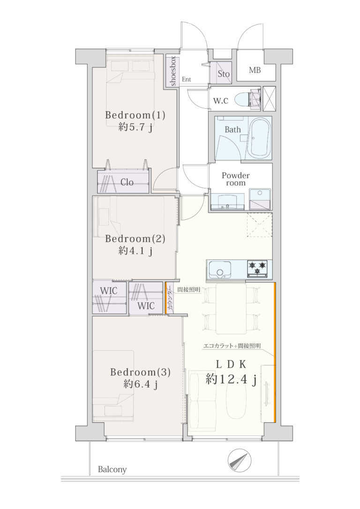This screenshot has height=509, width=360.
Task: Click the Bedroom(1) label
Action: coord(135,115)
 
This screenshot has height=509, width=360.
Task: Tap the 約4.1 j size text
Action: coord(135,251)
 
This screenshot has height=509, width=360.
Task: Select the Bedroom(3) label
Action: coord(140,372)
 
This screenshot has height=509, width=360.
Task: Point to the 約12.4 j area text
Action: coord(231,379)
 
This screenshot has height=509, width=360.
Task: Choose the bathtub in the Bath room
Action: coord(259,138)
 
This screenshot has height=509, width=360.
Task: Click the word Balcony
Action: coord(112,470)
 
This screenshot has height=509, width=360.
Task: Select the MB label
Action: coord(255,70)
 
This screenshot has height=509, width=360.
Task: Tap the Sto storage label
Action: coord(223,74)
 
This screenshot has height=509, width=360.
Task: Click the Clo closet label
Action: coord(127,182)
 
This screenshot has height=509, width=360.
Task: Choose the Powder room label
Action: coord(236,179)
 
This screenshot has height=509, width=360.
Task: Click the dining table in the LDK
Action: coord(231,308)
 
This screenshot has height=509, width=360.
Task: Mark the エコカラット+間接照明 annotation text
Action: coord(232,346)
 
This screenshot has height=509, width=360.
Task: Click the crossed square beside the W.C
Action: coord(269,99)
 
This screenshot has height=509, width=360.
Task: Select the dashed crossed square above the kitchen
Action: coord(260,225)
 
